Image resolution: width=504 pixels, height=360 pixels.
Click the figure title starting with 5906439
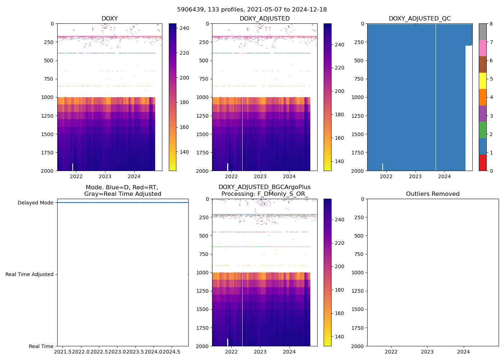pos(252,10)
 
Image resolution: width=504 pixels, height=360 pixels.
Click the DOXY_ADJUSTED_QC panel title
pos(419,19)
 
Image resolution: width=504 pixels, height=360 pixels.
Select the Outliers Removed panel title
pos(433,194)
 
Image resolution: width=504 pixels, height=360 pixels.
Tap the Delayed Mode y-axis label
pos(35,203)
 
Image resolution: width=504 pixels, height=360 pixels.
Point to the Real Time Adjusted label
pos(30,274)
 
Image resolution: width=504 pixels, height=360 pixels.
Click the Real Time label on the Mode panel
pos(41,346)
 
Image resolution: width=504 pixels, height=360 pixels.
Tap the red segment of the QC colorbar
pos(483,162)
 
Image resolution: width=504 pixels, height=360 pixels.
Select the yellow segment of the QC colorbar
pos(483,81)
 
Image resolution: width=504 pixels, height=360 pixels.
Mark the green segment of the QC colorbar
pos(483,130)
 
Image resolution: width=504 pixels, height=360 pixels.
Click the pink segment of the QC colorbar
pos(483,48)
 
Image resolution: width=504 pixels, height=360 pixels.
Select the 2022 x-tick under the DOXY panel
pos(76,176)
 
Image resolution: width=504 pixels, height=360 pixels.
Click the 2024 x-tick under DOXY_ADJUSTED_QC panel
pos(445,176)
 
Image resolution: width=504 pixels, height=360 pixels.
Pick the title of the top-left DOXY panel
pos(109,19)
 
